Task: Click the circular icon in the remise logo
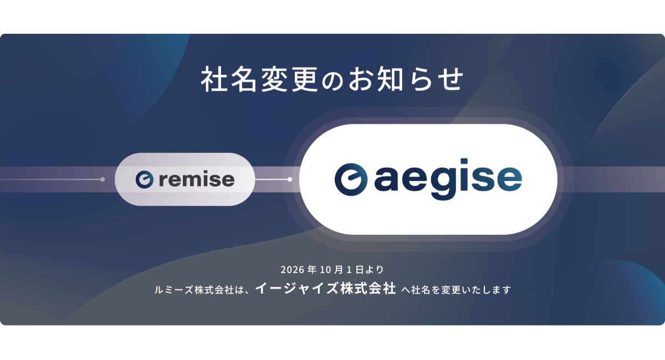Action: click(x=145, y=179)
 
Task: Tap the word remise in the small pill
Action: click(x=197, y=179)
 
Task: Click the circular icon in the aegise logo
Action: click(x=351, y=179)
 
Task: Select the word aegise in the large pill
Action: click(x=448, y=179)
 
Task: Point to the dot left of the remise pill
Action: click(x=103, y=179)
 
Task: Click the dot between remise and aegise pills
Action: click(x=290, y=179)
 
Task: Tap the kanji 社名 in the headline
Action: click(x=228, y=79)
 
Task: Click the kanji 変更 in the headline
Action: click(x=289, y=79)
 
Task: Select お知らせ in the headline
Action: click(x=406, y=79)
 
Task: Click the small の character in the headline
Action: click(x=332, y=81)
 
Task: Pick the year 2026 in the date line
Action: click(x=293, y=270)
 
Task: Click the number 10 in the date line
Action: click(x=325, y=270)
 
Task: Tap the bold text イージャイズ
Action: click(x=296, y=288)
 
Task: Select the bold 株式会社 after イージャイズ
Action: click(x=368, y=288)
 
